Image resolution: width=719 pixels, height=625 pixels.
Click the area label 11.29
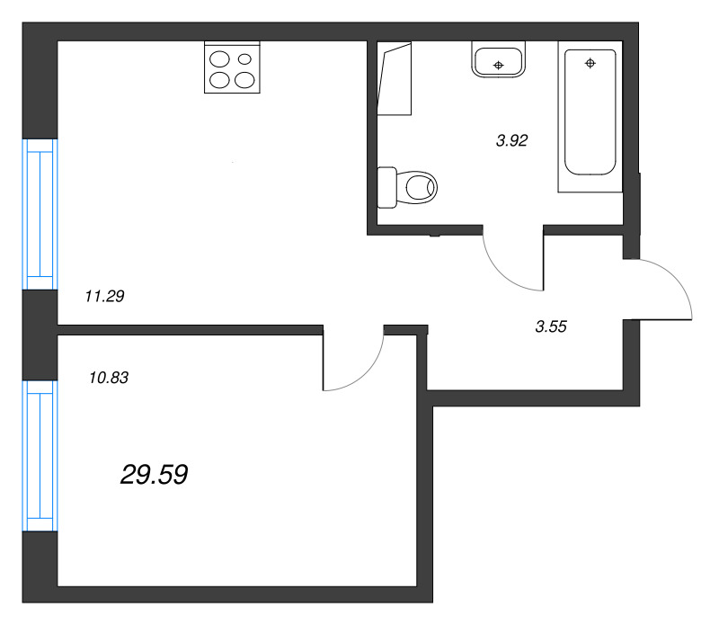click(103, 295)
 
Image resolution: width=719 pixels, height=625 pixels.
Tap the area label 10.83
click(110, 379)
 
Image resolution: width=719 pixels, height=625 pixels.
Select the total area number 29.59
click(154, 475)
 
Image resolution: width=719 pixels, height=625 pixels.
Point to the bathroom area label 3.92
click(511, 140)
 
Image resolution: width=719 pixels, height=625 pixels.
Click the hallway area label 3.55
click(550, 327)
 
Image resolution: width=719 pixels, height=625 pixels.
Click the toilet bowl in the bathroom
click(420, 188)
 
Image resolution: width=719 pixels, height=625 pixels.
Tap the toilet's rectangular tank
click(387, 188)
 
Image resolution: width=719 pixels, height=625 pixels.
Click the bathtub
click(590, 115)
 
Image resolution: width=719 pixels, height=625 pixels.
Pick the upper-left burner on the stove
click(220, 60)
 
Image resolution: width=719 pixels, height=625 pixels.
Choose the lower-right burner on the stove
click(244, 80)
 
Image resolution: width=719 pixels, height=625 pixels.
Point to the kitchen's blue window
click(40, 214)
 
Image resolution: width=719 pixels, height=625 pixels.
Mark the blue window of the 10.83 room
click(40, 455)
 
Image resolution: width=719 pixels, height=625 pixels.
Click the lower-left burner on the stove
click(220, 80)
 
